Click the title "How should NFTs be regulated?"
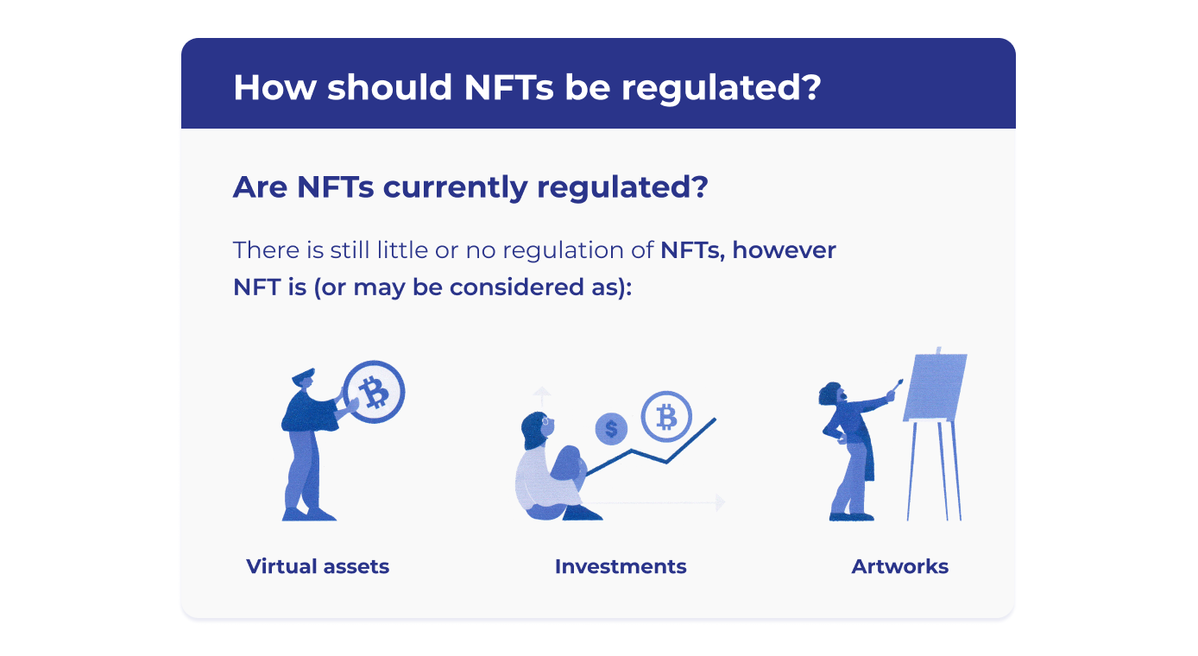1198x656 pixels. coord(526,87)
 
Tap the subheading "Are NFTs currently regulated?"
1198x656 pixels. coord(470,187)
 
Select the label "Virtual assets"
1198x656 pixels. coord(318,566)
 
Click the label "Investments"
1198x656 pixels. coord(621,566)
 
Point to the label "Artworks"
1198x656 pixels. coord(900,566)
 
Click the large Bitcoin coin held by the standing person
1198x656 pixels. coord(374,392)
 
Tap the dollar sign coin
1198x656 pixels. coord(611,429)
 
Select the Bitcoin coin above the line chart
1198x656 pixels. coord(666,417)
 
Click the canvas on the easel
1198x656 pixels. coord(936,387)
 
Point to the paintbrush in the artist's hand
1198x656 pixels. coord(897,385)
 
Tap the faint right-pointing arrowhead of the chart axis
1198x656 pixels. coord(721,502)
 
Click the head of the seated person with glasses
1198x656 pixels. coord(538,430)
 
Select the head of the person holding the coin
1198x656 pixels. coord(304,379)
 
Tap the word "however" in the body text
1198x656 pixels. coord(784,250)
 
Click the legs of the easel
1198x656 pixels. coord(935,470)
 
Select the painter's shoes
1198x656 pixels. coord(851,516)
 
